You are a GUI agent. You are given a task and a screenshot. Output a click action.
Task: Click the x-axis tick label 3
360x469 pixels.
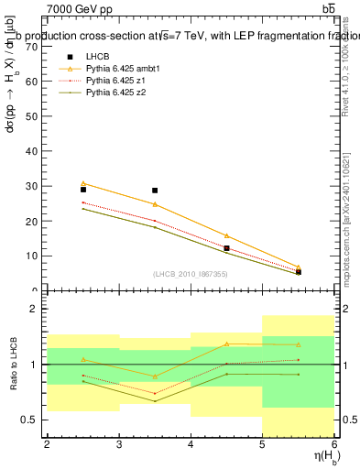click(119, 444)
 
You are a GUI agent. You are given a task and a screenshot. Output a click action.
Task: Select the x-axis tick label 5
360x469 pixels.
click(263, 444)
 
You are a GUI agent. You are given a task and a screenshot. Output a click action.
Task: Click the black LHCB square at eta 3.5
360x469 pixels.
click(155, 191)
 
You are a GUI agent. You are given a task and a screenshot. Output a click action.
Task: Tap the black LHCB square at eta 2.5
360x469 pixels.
click(83, 190)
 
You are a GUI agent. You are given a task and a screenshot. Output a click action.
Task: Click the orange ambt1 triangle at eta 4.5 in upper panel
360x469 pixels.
click(226, 235)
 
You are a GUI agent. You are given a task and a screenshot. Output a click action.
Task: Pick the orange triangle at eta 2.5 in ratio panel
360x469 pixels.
click(83, 360)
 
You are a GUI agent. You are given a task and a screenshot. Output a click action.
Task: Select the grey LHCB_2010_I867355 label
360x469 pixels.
click(190, 275)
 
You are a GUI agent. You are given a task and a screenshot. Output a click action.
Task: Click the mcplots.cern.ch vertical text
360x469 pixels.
click(345, 211)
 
